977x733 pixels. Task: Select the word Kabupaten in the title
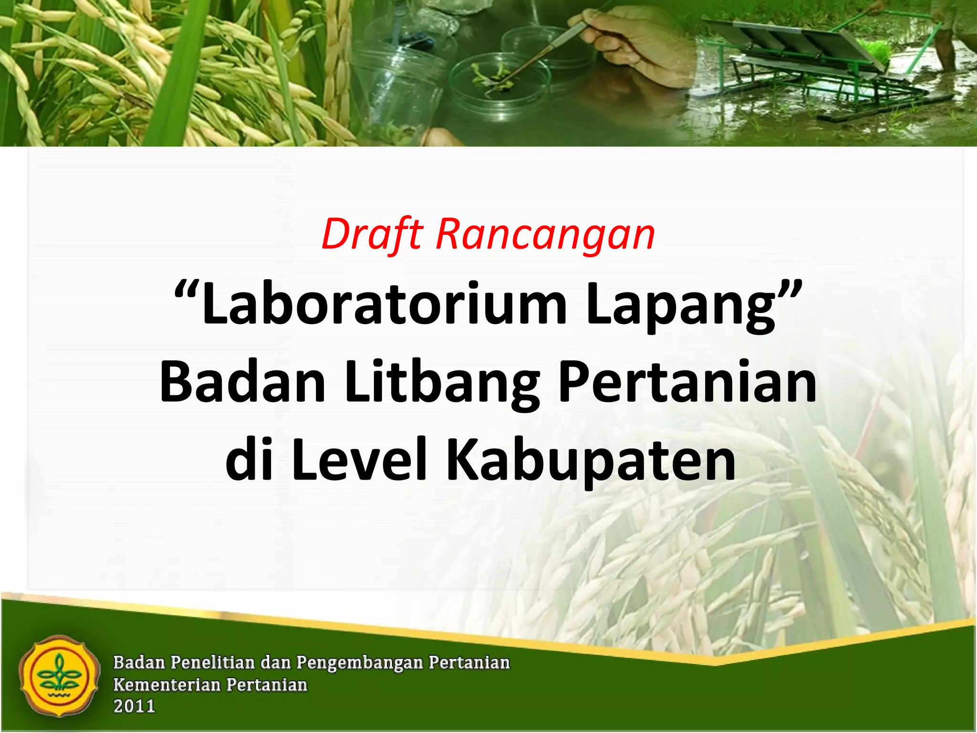[x=591, y=461]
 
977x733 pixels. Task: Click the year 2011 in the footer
[x=134, y=707]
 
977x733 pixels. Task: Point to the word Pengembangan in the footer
[x=360, y=663]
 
